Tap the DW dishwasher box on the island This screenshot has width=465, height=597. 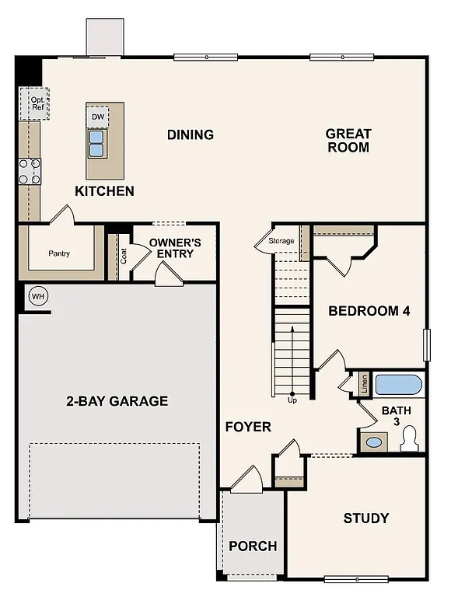click(x=98, y=117)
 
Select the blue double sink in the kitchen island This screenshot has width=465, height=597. click(x=97, y=144)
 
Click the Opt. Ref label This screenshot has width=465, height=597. click(x=37, y=103)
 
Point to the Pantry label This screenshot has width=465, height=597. click(x=59, y=253)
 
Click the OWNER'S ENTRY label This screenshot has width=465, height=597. click(x=170, y=248)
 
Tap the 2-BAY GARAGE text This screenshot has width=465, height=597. click(x=117, y=401)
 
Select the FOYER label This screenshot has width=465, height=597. click(x=248, y=427)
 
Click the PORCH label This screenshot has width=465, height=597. click(x=253, y=546)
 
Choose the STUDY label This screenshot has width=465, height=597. click(x=366, y=518)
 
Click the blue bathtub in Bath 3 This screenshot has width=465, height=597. click(x=399, y=386)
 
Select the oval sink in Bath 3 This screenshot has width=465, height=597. click(x=375, y=442)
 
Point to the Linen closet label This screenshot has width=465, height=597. click(x=363, y=385)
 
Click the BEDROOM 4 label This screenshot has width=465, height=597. click(x=369, y=311)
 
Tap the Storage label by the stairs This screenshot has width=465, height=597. click(x=281, y=241)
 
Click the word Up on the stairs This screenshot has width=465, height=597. click(x=292, y=400)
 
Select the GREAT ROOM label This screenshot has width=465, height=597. click(x=348, y=140)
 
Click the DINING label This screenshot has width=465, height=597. click(x=191, y=134)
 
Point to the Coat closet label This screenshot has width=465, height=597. click(x=123, y=255)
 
